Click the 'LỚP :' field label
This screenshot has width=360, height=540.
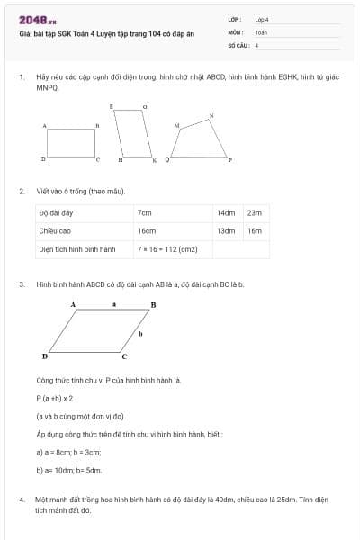point(234,19)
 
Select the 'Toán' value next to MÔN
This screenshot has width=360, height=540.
point(261,31)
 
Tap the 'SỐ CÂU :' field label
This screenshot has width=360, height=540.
point(238,44)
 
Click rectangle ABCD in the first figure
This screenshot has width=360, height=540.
point(71,142)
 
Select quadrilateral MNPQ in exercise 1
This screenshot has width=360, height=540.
point(202,138)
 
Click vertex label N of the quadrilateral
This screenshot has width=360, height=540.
point(211,115)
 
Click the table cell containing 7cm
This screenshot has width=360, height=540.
point(146,213)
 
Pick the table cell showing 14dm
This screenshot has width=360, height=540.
point(225,213)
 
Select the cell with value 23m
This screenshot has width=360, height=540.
point(255,213)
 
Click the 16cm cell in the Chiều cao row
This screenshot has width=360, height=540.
point(147,231)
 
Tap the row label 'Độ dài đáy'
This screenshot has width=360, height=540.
point(56,213)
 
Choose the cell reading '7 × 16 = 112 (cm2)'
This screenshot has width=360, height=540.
point(167,249)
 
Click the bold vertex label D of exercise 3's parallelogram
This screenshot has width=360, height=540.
point(45,356)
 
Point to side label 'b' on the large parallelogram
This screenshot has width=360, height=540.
point(140,334)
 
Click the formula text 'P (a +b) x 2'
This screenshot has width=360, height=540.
point(55,398)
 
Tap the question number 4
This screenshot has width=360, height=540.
point(22,498)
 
